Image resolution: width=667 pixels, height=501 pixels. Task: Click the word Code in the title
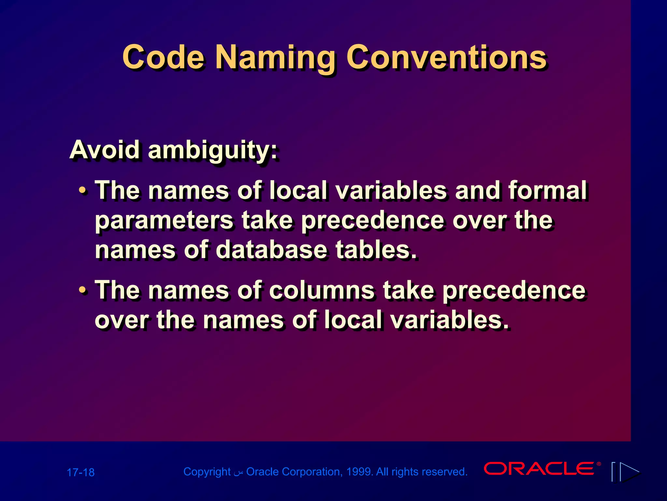tap(163, 57)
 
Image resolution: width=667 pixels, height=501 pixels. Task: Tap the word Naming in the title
tap(275, 59)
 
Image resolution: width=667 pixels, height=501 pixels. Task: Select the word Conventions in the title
tap(447, 57)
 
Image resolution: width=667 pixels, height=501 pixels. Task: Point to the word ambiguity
tap(213, 151)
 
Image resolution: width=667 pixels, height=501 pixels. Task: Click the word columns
tap(322, 290)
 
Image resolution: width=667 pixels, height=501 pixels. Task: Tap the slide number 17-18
tap(80, 472)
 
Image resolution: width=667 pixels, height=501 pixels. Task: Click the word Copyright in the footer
tap(207, 472)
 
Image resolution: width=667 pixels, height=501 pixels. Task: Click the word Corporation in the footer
tap(311, 472)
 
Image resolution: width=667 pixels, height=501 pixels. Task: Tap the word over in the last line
tap(121, 320)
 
